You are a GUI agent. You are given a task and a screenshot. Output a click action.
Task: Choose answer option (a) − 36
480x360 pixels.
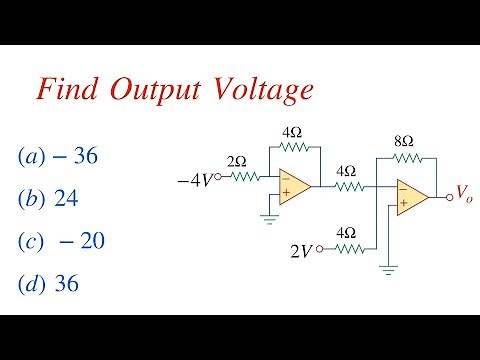pyautogui.click(x=60, y=157)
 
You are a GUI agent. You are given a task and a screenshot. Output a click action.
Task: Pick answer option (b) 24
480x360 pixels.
pyautogui.click(x=50, y=199)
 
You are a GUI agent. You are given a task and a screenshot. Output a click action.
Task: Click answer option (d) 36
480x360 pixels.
pyautogui.click(x=50, y=283)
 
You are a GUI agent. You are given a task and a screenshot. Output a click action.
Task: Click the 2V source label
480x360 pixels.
pyautogui.click(x=301, y=251)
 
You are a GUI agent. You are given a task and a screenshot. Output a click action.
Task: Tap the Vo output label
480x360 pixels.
pyautogui.click(x=465, y=192)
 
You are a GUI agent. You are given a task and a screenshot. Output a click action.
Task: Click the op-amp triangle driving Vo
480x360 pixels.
pyautogui.click(x=411, y=196)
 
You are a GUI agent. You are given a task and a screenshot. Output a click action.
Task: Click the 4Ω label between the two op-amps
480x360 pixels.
pyautogui.click(x=346, y=169)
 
